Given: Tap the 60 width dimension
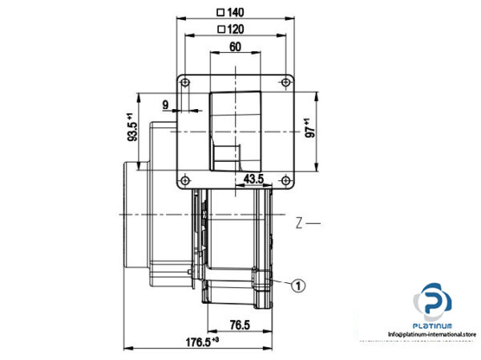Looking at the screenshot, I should coord(235,47).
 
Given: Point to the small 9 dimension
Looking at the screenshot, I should coord(165,104).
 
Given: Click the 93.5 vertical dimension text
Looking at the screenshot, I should coord(132,128).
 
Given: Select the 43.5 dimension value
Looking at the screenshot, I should coord(254,179).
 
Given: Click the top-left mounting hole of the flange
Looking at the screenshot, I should coord(185,83).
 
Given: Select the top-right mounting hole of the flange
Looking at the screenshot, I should coord(285,83).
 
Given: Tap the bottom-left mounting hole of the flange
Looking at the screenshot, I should coord(185,180).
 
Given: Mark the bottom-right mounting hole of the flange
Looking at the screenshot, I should coord(285,180).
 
